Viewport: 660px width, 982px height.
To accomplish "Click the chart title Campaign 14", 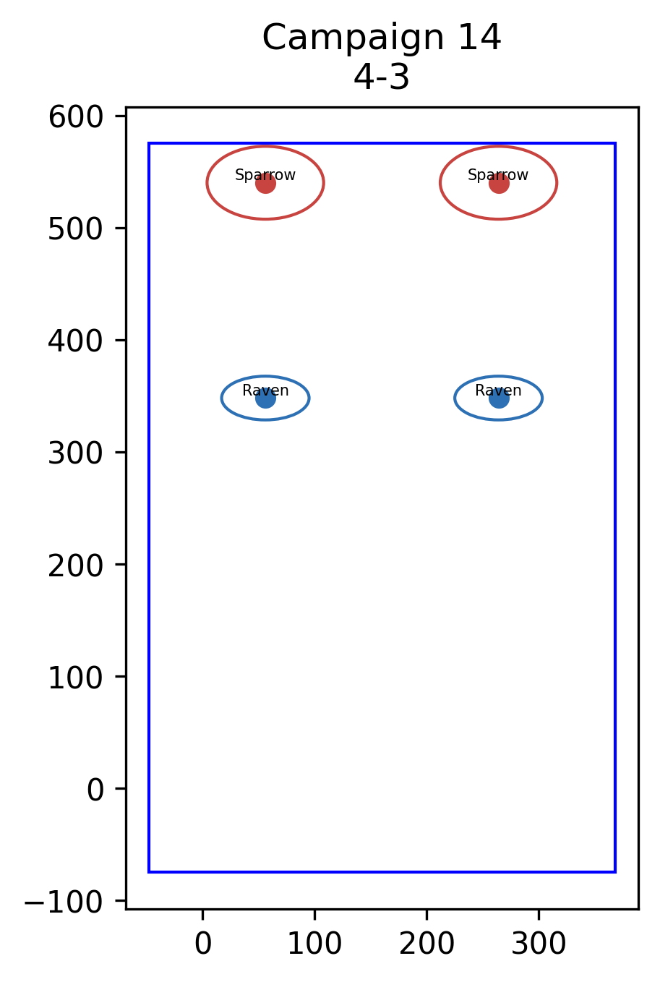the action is [381, 38].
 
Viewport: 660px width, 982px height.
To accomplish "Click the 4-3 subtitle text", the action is [381, 77].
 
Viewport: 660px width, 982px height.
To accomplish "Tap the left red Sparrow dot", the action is [265, 183].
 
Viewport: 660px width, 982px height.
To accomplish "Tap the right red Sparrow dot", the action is [499, 183].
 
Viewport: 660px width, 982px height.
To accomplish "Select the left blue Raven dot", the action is [265, 398].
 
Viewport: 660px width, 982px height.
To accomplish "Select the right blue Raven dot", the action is [499, 398].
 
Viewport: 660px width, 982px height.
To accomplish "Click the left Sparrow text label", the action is [265, 175].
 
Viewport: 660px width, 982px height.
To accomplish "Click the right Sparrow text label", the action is [498, 175].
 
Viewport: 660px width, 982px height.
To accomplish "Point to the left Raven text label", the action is [265, 390].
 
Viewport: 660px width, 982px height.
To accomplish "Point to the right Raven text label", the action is [498, 390].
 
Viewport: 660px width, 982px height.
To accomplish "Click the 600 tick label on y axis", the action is [75, 117].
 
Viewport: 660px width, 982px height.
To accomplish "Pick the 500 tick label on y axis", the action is [75, 229].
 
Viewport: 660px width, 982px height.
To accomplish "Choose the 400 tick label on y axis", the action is [75, 341].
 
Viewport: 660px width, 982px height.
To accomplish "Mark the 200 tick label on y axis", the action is [75, 565].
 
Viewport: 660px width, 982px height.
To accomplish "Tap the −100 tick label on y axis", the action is [64, 902].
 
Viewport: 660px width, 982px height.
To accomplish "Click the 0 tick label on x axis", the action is [203, 944].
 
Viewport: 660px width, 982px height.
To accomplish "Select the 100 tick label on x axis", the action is [314, 944].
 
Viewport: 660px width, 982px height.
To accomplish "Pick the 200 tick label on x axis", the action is [427, 944].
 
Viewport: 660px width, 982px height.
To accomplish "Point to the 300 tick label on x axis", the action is [539, 944].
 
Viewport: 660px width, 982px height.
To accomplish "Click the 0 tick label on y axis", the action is [95, 790].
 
